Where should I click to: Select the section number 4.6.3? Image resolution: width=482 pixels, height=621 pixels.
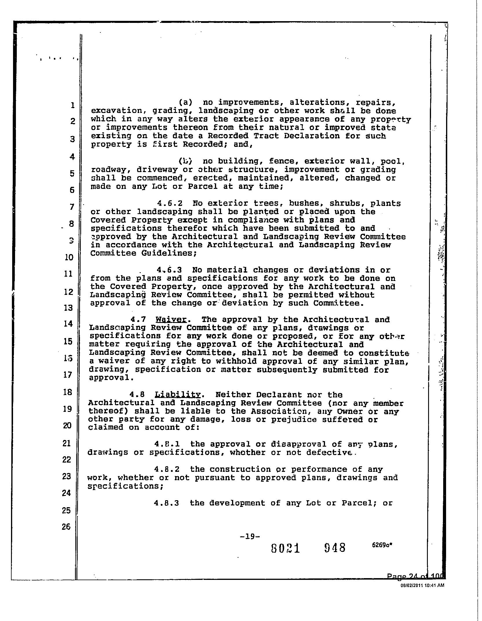tap(169, 270)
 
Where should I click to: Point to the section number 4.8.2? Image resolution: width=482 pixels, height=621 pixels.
tap(167, 469)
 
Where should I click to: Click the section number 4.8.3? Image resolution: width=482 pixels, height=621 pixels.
tap(167, 503)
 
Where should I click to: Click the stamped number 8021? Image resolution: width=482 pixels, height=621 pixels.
tap(286, 548)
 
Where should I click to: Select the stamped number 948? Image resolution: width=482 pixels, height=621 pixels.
tap(335, 548)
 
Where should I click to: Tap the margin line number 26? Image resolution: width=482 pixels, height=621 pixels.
tap(66, 527)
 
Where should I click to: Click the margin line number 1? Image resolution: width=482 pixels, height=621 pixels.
tap(72, 105)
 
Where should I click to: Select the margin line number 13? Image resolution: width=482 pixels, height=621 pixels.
tap(68, 308)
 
